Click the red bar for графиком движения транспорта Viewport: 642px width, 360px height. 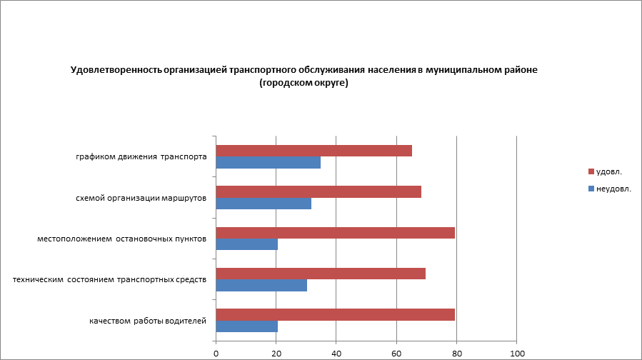click(314, 151)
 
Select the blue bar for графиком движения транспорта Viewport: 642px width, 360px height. click(268, 163)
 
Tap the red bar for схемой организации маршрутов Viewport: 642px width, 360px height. click(319, 191)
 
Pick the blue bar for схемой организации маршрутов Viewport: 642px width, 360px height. click(264, 204)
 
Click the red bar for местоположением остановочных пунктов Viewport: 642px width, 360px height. click(335, 233)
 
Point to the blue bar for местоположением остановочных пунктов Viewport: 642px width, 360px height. click(246, 244)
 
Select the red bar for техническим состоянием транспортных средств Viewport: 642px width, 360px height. click(321, 274)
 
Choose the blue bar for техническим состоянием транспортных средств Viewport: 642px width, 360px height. click(261, 286)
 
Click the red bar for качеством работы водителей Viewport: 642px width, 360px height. click(335, 314)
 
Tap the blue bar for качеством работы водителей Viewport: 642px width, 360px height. click(246, 326)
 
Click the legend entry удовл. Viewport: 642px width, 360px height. click(608, 171)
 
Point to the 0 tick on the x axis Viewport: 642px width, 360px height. click(216, 353)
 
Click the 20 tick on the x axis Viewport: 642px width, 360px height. click(276, 353)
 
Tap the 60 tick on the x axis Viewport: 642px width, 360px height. click(396, 353)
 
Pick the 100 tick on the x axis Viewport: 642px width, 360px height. click(516, 353)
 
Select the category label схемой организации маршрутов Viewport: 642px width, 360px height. click(141, 198)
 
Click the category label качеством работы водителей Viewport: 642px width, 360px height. click(148, 321)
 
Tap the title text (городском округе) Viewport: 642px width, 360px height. click(304, 83)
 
